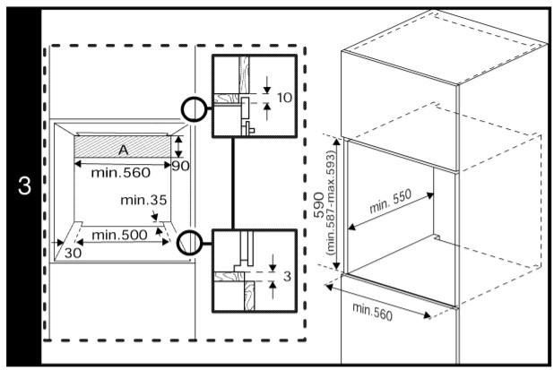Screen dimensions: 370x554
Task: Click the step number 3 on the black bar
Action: click(x=24, y=187)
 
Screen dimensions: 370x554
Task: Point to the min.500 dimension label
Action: click(x=119, y=234)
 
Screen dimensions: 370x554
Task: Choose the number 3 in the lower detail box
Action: click(x=285, y=277)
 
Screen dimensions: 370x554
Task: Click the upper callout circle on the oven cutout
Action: click(x=193, y=110)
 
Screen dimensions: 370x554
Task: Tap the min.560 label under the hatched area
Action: click(x=122, y=172)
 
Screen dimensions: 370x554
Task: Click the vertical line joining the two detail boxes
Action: click(x=232, y=184)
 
